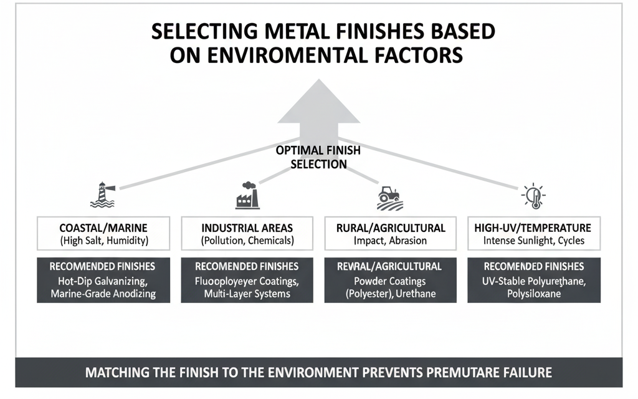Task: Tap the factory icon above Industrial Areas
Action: tap(247, 195)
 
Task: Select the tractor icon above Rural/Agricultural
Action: tap(390, 196)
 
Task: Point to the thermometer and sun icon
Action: tap(534, 196)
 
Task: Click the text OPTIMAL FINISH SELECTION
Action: tap(318, 158)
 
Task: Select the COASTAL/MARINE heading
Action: tap(104, 228)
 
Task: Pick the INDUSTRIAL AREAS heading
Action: tap(247, 228)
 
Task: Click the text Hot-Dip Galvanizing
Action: tap(104, 281)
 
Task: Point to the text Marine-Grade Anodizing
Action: tap(104, 294)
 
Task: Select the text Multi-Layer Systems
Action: tap(247, 294)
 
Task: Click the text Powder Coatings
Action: tap(391, 281)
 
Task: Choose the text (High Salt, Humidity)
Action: tap(104, 241)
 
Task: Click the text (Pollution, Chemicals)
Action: tap(247, 241)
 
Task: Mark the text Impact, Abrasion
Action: tap(391, 241)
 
